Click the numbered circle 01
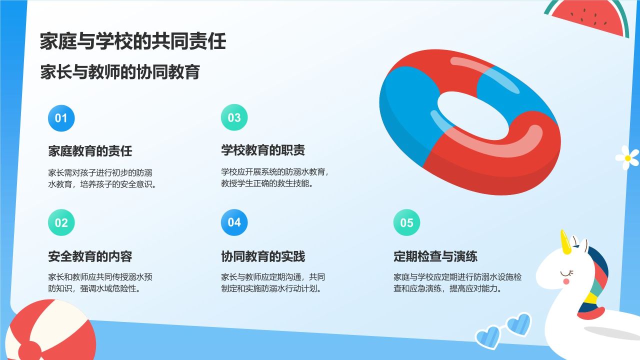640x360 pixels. click(x=61, y=118)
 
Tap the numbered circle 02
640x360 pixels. click(x=61, y=222)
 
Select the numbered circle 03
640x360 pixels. click(x=234, y=117)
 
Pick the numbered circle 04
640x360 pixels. click(x=234, y=222)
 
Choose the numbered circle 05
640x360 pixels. click(x=406, y=222)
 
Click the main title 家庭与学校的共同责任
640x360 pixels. click(x=133, y=41)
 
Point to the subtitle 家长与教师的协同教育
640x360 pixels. click(x=120, y=72)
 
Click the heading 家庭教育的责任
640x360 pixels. click(x=90, y=151)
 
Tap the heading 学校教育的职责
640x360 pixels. click(x=263, y=150)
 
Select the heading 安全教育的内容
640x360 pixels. click(x=90, y=256)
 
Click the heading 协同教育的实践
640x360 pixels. click(x=263, y=256)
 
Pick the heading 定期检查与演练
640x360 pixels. click(x=435, y=256)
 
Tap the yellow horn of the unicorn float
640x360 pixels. click(x=565, y=242)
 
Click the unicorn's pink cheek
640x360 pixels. click(x=565, y=281)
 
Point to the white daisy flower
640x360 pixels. click(x=627, y=157)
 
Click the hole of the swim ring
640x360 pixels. click(x=473, y=115)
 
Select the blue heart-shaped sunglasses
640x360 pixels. click(x=503, y=331)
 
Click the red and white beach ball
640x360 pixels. click(x=50, y=331)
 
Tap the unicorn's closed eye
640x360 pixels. click(x=566, y=273)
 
